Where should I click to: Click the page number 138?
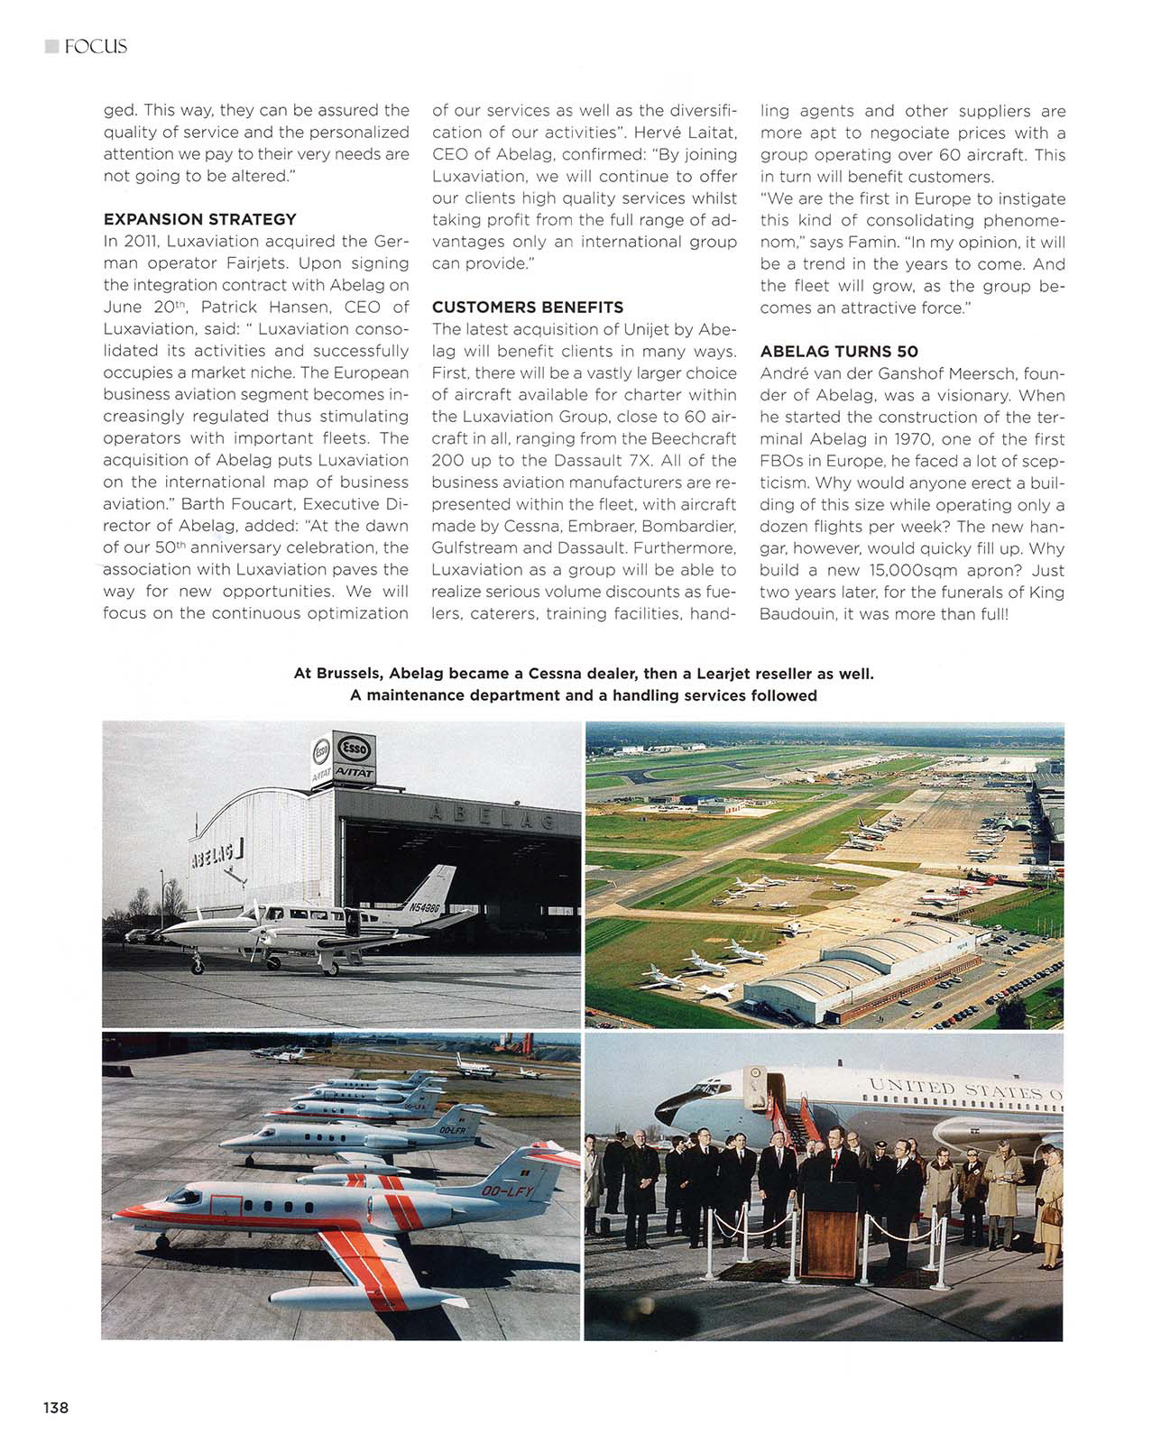[x=55, y=1407]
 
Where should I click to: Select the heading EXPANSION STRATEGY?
[x=199, y=219]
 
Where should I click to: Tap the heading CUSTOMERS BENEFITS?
[x=528, y=308]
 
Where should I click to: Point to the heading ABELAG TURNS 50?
[x=838, y=352]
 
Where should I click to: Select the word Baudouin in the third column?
[x=799, y=614]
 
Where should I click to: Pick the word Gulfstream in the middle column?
[x=475, y=548]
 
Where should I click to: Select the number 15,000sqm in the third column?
[x=912, y=571]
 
